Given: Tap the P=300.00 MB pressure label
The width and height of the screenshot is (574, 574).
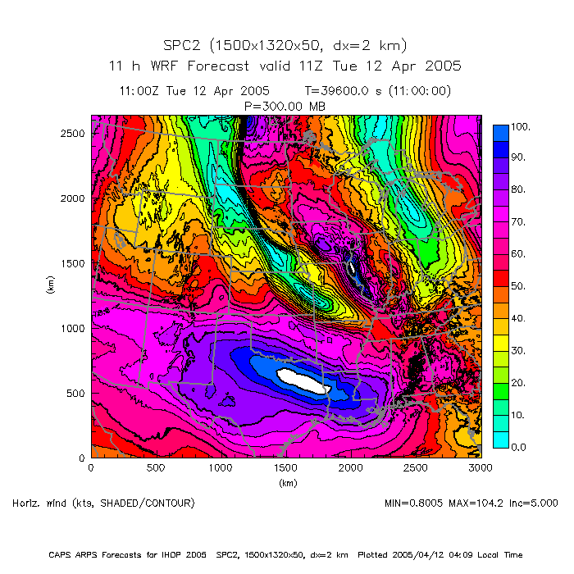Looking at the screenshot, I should [x=286, y=105].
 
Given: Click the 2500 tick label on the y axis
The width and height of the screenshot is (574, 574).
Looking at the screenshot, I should [x=72, y=133].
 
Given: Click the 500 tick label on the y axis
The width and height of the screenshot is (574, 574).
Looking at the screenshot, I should [x=75, y=394].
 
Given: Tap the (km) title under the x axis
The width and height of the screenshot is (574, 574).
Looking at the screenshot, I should [x=287, y=483].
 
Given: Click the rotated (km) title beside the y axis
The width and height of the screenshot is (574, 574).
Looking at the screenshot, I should [x=49, y=286].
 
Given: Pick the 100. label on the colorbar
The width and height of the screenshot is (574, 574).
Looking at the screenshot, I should [x=521, y=126].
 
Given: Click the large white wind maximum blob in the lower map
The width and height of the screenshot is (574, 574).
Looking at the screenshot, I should [x=303, y=379].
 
